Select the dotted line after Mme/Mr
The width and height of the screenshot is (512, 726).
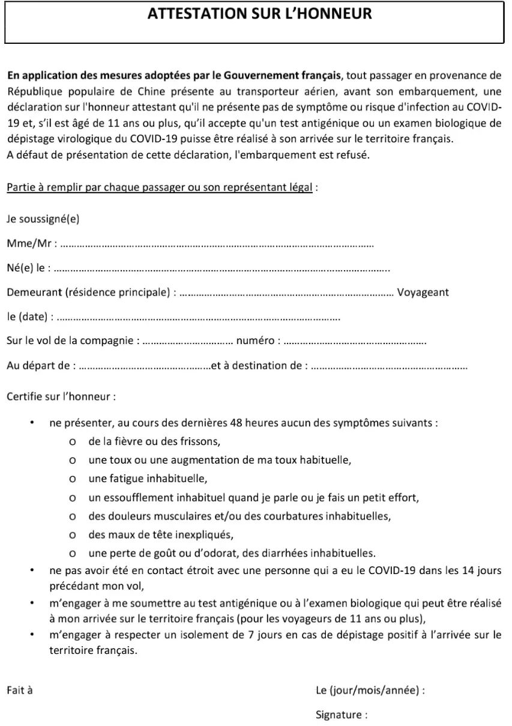[x=217, y=244]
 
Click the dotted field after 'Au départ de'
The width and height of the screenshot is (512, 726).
[x=144, y=365]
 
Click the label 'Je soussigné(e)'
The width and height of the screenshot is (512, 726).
[x=43, y=219]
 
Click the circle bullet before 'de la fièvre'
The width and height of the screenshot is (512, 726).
[x=73, y=443]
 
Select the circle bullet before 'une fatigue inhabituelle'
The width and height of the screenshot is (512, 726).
[x=73, y=479]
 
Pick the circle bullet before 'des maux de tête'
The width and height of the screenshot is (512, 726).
[x=73, y=534]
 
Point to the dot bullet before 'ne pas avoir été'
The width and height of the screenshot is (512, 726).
[x=32, y=570]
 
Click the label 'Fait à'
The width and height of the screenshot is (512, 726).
[x=19, y=690]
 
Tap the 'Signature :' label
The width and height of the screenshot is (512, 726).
[x=342, y=715]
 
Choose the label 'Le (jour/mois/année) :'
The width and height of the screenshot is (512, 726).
[x=370, y=690]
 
